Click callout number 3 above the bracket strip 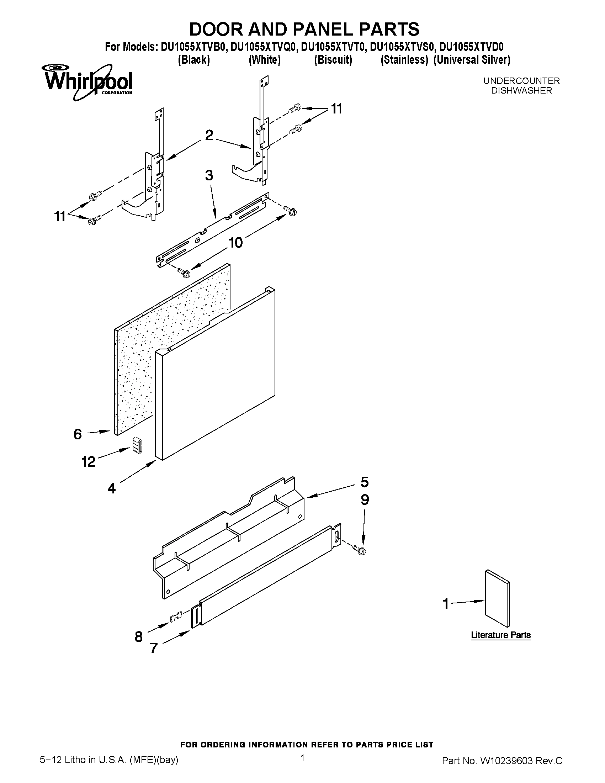209,175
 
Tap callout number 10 235,243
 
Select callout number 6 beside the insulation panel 78,434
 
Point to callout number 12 88,461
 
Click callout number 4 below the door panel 112,488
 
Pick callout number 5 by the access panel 364,482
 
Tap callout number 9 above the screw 365,500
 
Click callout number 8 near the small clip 139,637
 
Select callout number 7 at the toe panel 154,648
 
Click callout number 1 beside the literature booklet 446,604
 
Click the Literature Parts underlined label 501,635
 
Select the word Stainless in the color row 404,59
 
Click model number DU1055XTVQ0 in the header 264,47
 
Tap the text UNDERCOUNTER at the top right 521,81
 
